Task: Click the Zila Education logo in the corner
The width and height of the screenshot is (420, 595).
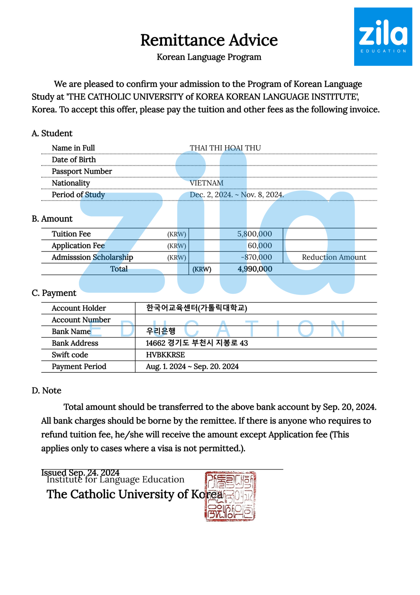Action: click(383, 37)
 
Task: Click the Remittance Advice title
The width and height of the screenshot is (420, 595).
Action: click(209, 40)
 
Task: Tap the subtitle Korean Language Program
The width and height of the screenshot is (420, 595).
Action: click(209, 57)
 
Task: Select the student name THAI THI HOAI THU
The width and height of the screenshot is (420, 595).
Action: click(225, 148)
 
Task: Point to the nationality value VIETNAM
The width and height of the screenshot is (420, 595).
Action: click(207, 183)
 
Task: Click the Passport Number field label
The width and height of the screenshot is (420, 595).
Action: click(82, 171)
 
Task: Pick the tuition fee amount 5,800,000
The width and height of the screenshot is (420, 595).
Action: click(254, 234)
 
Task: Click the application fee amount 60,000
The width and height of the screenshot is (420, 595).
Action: click(260, 245)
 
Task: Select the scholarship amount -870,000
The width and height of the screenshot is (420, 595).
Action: click(256, 257)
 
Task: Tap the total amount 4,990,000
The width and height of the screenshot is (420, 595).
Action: click(255, 269)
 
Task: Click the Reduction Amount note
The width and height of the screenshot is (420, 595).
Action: click(334, 257)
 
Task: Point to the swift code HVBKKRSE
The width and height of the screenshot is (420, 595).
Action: click(165, 355)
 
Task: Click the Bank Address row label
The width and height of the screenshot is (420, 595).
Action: click(75, 343)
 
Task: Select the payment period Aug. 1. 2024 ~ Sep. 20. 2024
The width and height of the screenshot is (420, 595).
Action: click(192, 366)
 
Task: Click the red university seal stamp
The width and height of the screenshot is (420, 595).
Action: click(230, 496)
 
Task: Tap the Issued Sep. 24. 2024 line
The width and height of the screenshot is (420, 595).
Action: click(80, 473)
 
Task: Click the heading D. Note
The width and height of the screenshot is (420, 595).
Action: click(46, 390)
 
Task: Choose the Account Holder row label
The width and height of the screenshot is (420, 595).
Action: click(79, 308)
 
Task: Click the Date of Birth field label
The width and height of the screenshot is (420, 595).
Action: click(74, 159)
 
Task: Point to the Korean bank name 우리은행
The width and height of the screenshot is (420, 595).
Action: click(161, 331)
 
